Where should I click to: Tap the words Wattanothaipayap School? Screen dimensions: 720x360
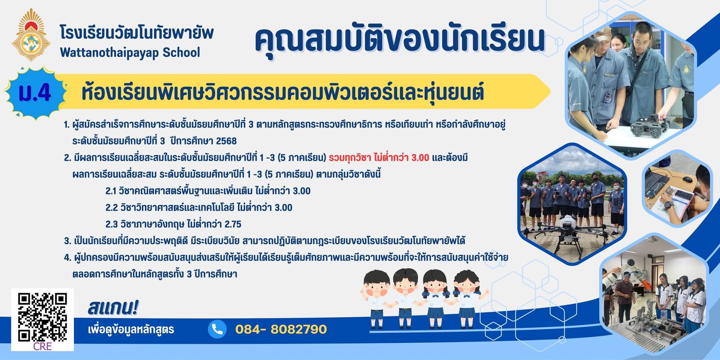[130, 52]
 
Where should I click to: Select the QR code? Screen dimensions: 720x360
[43, 317]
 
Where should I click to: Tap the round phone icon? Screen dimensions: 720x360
[217, 329]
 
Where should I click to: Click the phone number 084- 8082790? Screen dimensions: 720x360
[281, 329]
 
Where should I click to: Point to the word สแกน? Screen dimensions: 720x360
[113, 308]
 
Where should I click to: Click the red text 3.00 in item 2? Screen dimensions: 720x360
[420, 158]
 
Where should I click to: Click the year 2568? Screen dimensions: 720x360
[226, 141]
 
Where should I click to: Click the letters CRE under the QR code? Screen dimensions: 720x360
[43, 346]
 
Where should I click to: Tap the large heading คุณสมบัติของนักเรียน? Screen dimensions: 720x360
[399, 40]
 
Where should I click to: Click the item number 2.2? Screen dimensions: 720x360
[111, 208]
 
